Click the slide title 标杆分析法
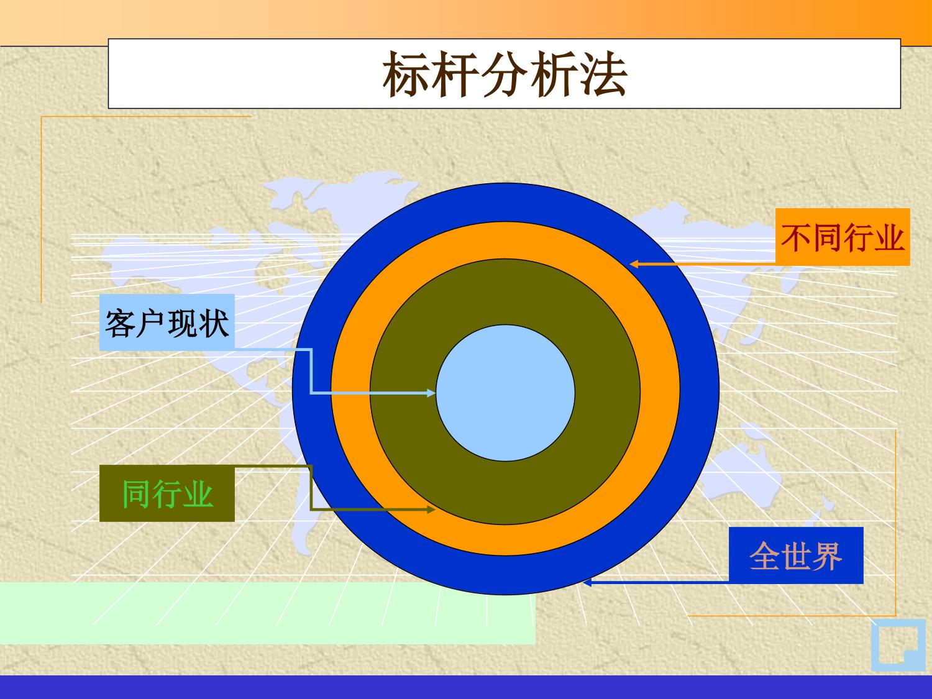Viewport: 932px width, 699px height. tap(505, 75)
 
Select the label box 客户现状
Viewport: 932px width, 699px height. tap(167, 322)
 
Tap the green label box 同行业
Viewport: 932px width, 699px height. tap(167, 493)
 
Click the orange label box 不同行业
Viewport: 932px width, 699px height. tap(843, 237)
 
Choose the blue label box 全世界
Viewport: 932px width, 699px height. tap(796, 555)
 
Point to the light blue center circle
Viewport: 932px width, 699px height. tap(505, 393)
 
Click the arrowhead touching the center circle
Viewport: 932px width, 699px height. tap(431, 393)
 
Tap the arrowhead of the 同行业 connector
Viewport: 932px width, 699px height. tap(431, 509)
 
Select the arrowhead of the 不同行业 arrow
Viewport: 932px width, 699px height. tap(634, 264)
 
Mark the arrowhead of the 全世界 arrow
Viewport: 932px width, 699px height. tap(588, 583)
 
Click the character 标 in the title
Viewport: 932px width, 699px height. tap(405, 75)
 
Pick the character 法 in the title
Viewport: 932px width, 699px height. tap(605, 75)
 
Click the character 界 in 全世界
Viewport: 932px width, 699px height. tap(827, 556)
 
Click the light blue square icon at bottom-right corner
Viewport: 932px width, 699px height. tap(898, 645)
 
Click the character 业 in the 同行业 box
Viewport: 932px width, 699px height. tap(198, 494)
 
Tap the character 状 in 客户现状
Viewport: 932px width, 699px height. tap(214, 323)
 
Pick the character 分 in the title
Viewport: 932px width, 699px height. tap(505, 75)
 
